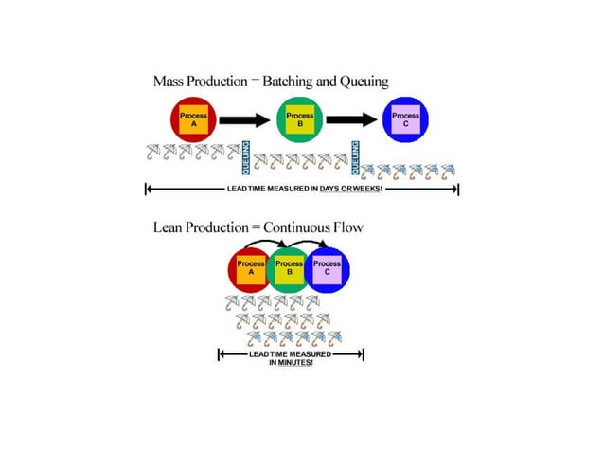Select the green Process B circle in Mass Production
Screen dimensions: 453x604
[300, 120]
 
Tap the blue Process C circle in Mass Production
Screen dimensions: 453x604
[406, 120]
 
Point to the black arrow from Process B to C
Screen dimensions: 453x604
[353, 120]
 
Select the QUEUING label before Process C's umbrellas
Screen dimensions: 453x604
[356, 157]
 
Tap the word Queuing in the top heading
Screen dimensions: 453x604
[363, 82]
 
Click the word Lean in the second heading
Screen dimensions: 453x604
[169, 227]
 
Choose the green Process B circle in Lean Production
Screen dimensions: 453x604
[289, 269]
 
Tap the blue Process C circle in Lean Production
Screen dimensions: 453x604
[328, 269]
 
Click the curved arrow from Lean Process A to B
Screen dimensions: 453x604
[270, 245]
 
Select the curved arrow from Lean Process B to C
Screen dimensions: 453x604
[309, 245]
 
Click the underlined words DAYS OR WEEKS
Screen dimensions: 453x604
[349, 189]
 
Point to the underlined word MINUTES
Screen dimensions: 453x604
[293, 362]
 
